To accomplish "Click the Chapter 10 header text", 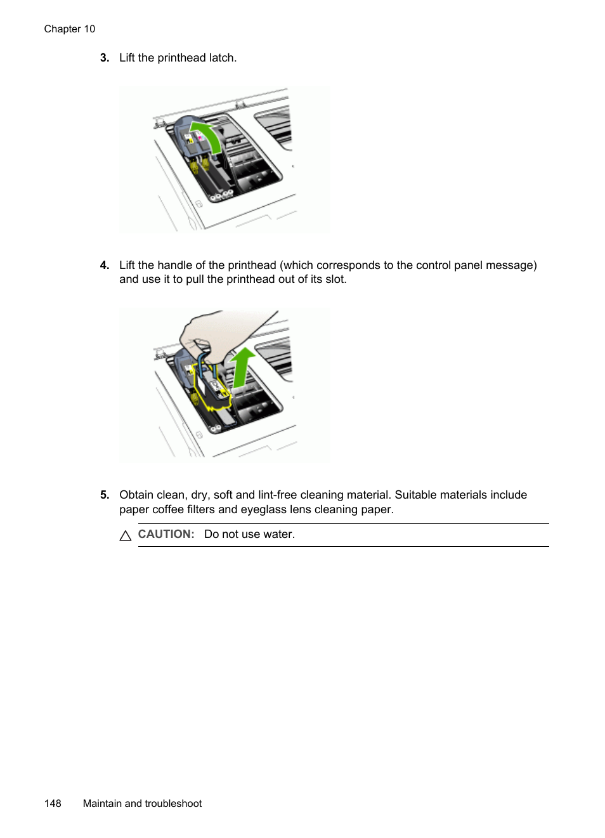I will coord(69,29).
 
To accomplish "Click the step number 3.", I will coord(104,58).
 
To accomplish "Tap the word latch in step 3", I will coord(222,58).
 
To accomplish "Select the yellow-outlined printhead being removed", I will coord(212,388).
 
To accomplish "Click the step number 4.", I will coord(104,265).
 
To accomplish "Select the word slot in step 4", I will coord(335,280).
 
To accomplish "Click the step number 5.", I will coord(104,495).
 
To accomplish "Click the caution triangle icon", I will coord(126,536).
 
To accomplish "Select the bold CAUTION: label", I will coord(166,534).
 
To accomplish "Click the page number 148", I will coord(53,804).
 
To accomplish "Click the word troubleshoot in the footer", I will coord(173,804).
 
